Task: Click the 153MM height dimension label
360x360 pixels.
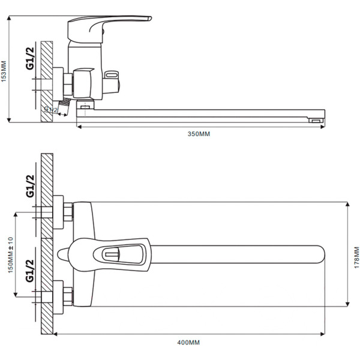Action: point(4,71)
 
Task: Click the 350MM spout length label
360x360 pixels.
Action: point(199,134)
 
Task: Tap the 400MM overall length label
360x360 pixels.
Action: point(188,343)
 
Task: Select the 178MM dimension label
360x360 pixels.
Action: point(356,257)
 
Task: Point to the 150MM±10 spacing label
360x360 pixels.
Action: point(11,255)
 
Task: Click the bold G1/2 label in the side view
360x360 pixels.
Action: point(30,58)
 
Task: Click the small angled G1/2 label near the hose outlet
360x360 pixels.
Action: point(51,109)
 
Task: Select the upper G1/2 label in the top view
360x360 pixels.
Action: point(30,186)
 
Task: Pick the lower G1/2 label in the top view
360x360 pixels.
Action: point(30,271)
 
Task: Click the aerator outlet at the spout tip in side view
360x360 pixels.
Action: point(316,121)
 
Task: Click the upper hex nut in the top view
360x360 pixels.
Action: point(68,212)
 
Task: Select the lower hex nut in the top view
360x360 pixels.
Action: point(68,296)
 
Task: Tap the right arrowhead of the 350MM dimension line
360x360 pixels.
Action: point(323,127)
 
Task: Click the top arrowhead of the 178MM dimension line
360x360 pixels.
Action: point(347,205)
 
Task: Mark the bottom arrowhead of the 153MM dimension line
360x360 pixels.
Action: point(9,120)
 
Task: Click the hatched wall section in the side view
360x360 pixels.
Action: point(47,82)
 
